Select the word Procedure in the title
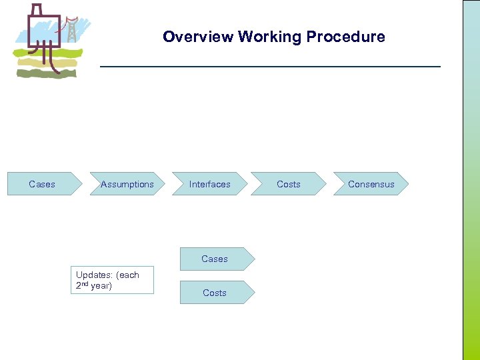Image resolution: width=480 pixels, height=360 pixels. click(345, 37)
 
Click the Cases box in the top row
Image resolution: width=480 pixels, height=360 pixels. click(43, 184)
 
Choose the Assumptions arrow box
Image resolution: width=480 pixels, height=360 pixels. click(127, 184)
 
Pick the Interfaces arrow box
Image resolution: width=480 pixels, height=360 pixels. click(209, 184)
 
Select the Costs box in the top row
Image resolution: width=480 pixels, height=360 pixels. click(288, 184)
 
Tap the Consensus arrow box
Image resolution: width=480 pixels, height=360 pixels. click(371, 184)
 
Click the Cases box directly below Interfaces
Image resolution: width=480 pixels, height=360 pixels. click(215, 259)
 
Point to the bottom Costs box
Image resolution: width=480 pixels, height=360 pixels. click(215, 293)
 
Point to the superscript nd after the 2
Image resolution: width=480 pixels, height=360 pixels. click(85, 283)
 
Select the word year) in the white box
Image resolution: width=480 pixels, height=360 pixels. click(101, 286)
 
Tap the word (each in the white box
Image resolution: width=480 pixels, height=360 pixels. click(128, 275)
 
